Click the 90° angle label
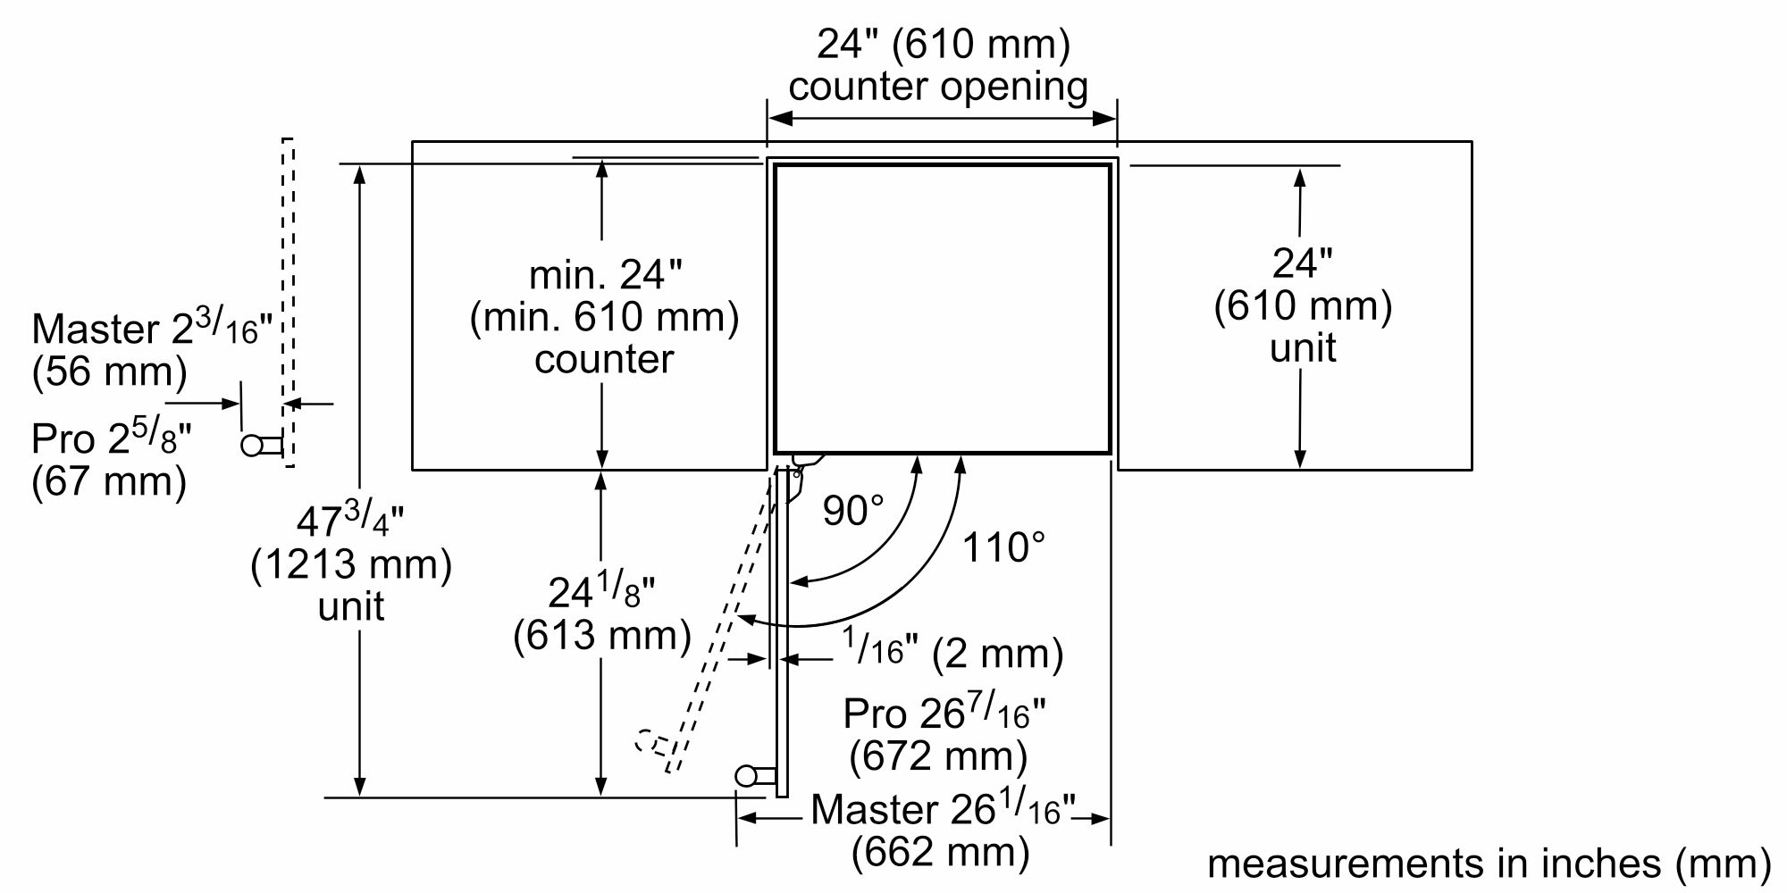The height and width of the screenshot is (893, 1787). tap(852, 511)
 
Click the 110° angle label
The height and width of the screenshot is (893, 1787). tap(1003, 547)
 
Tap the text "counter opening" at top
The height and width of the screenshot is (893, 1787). tap(938, 87)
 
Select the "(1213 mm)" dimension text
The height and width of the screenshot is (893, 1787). tap(351, 564)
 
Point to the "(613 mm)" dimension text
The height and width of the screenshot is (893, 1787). tap(602, 635)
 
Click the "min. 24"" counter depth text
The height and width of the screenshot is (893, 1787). tap(605, 274)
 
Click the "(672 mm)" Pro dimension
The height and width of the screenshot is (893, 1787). tap(938, 756)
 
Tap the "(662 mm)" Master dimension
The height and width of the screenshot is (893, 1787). tap(940, 852)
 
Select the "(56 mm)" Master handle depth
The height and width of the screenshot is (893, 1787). tap(109, 371)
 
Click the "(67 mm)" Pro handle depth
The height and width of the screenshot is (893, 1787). tap(109, 481)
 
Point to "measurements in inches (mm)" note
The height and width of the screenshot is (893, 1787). tap(1489, 863)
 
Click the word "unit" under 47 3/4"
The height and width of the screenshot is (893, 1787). tap(351, 606)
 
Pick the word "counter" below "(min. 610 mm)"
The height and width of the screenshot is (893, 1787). tap(604, 359)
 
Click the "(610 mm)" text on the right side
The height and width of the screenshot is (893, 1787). tap(1303, 305)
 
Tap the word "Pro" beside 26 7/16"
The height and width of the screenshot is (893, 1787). tap(874, 714)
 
